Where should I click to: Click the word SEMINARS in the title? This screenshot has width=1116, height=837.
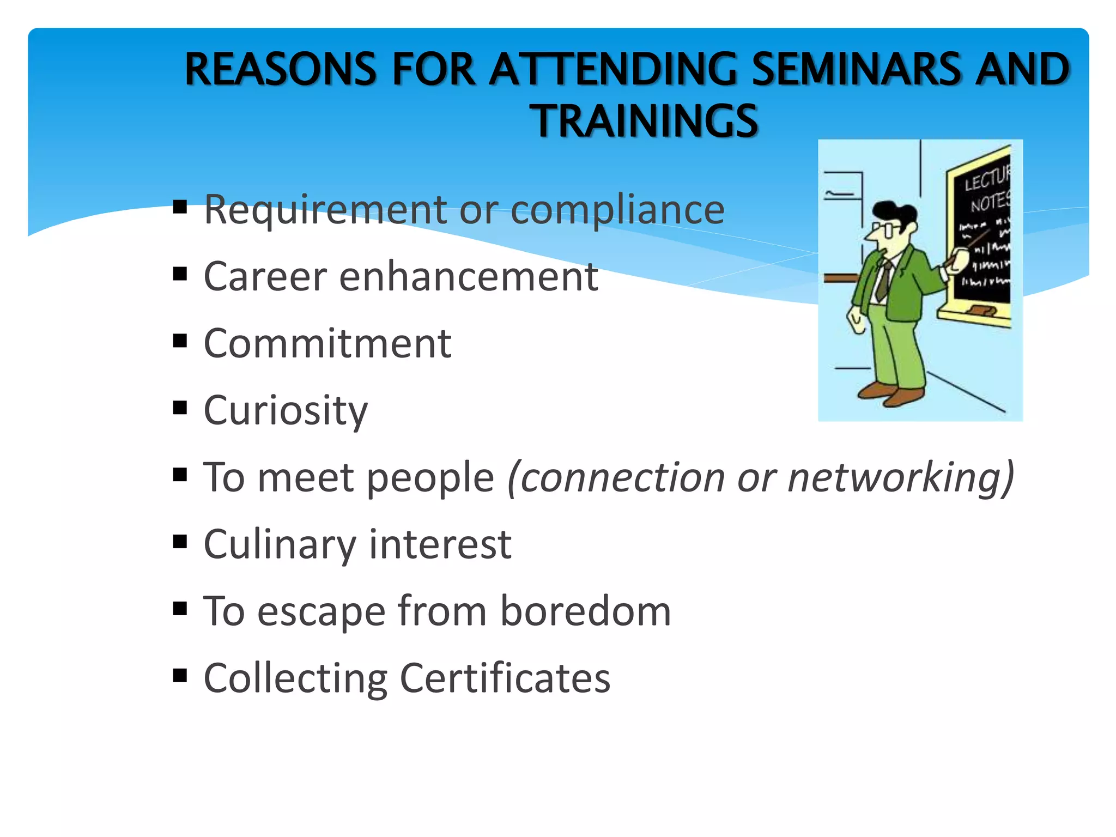click(x=856, y=69)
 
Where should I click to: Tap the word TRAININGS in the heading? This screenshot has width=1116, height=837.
click(x=644, y=121)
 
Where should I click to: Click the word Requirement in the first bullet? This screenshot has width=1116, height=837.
click(x=325, y=210)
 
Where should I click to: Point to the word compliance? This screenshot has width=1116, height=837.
click(x=617, y=211)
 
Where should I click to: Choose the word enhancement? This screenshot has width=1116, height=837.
click(x=469, y=277)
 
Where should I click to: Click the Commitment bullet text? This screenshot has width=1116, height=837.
click(x=327, y=344)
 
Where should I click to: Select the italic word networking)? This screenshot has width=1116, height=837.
click(x=901, y=478)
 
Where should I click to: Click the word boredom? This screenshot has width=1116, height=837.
click(x=585, y=611)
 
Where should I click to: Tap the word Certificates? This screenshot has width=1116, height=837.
click(x=505, y=678)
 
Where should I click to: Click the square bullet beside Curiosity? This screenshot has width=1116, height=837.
click(x=180, y=408)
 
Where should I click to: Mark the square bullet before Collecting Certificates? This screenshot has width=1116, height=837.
click(x=180, y=676)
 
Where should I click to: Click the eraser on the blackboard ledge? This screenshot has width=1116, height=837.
click(x=981, y=311)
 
